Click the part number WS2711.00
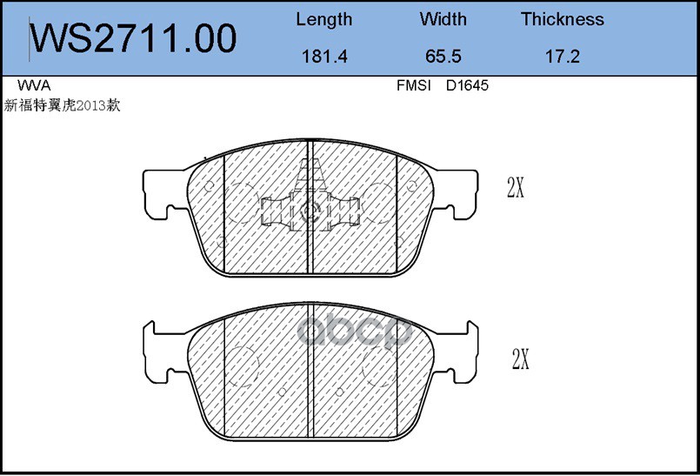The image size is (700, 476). [x=133, y=38]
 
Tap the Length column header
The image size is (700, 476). [x=324, y=20]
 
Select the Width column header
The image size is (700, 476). [x=443, y=19]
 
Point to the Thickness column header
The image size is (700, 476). [x=562, y=19]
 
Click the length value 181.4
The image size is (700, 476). [x=324, y=57]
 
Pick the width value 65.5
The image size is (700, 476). [x=443, y=57]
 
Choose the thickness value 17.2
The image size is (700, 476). [x=562, y=57]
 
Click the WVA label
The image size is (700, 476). [x=34, y=85]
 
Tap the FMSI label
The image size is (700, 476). [x=413, y=85]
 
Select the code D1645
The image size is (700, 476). [x=467, y=85]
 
